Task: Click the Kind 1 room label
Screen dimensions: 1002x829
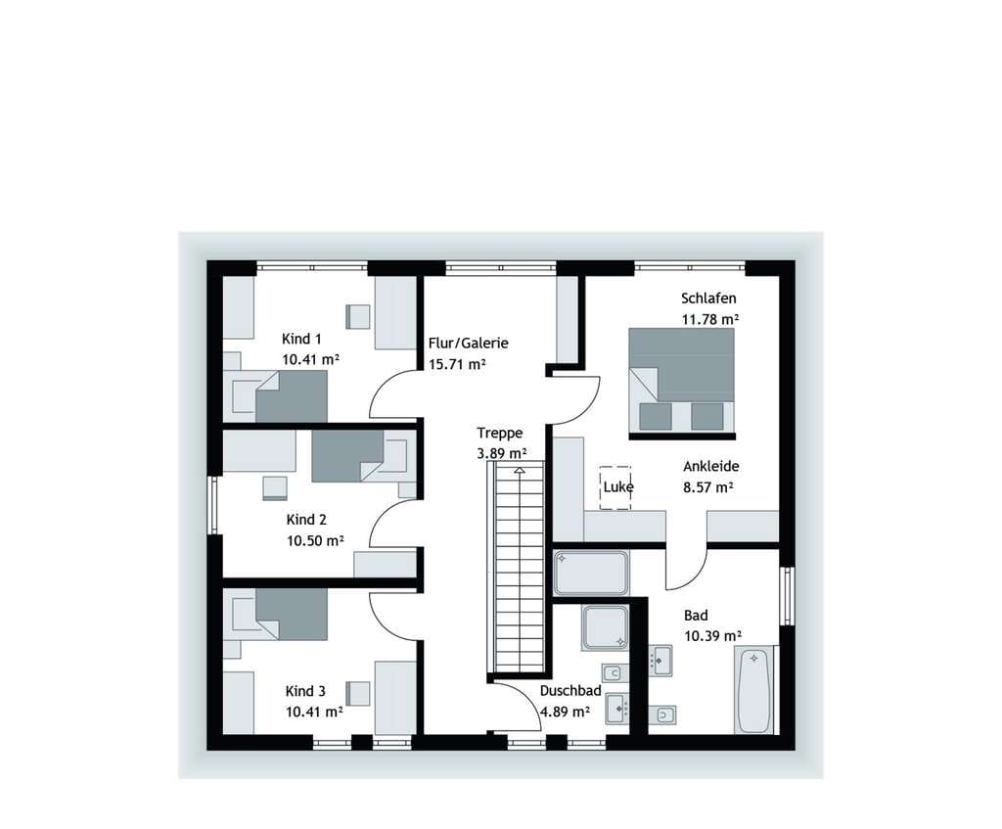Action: click(x=301, y=339)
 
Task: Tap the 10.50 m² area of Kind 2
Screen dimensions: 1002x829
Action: click(x=315, y=540)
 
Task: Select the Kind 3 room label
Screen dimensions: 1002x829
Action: click(x=305, y=691)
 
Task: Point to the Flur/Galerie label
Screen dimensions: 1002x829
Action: click(x=469, y=344)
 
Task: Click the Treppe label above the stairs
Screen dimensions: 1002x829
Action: click(x=500, y=434)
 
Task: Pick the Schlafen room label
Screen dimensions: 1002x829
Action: click(x=708, y=299)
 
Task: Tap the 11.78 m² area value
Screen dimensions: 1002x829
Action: click(x=710, y=319)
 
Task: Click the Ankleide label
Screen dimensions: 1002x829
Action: click(x=711, y=466)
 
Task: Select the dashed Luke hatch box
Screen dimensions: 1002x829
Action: click(x=615, y=487)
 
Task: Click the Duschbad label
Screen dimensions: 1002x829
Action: click(x=570, y=691)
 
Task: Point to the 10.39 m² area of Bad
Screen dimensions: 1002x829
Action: click(x=712, y=636)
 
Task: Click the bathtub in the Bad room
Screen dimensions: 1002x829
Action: click(x=754, y=690)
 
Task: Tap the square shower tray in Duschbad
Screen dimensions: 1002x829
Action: click(x=605, y=627)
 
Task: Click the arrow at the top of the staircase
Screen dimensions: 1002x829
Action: click(x=520, y=471)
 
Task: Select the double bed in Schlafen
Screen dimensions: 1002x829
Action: click(x=681, y=383)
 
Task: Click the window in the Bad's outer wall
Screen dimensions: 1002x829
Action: click(x=788, y=596)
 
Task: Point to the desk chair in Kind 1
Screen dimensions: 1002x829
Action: click(x=358, y=316)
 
